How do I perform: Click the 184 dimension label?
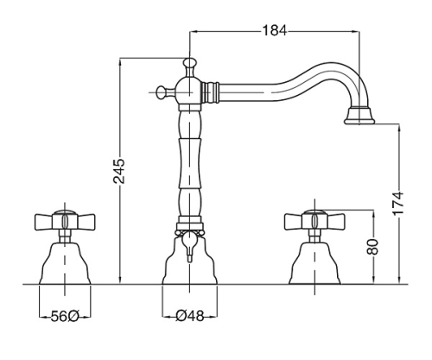point(275,30)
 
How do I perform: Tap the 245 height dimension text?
point(118,171)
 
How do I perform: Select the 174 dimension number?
point(398,203)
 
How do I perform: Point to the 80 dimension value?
point(373,247)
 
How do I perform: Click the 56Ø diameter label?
point(65,317)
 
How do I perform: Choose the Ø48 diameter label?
point(189,317)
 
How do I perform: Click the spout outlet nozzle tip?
point(359,116)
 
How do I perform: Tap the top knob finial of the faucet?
point(189,62)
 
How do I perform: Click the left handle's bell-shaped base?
point(65,263)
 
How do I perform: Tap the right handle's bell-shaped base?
point(314,263)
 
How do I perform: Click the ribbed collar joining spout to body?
point(210,92)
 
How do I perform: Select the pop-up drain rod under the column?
point(189,247)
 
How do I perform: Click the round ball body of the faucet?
point(189,92)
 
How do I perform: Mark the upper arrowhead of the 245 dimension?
point(120,61)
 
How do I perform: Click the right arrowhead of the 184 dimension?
point(356,30)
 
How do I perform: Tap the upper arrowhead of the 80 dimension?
point(373,213)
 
